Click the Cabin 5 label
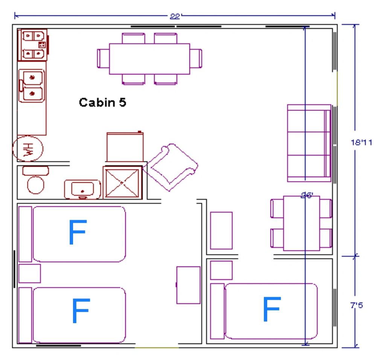102,102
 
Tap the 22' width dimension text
175,17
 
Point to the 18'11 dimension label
361,142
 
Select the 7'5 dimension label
356,305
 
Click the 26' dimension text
307,195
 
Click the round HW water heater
28,149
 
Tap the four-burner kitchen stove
33,45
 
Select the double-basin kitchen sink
32,86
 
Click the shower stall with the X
122,182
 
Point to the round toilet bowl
36,185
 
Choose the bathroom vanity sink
82,189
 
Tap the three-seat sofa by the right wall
309,143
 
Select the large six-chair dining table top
149,59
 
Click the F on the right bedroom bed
272,309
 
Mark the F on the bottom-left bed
81,311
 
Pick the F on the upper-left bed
78,232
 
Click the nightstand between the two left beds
29,273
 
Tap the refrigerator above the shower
125,147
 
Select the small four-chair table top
301,223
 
